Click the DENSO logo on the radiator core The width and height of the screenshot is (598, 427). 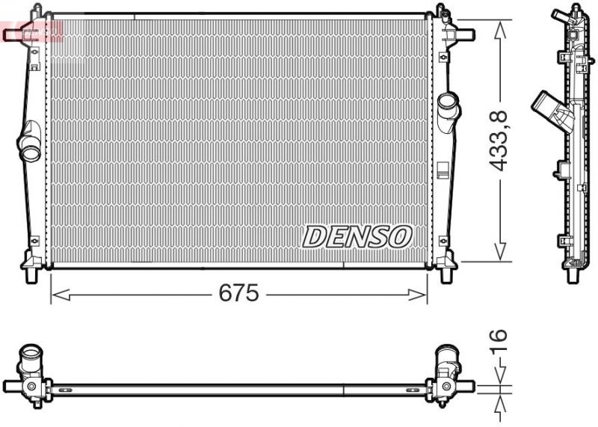pyautogui.click(x=357, y=236)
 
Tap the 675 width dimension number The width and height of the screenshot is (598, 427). pyautogui.click(x=238, y=294)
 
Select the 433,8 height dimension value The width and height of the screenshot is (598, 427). pyautogui.click(x=499, y=140)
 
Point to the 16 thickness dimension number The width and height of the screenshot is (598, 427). pyautogui.click(x=499, y=341)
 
